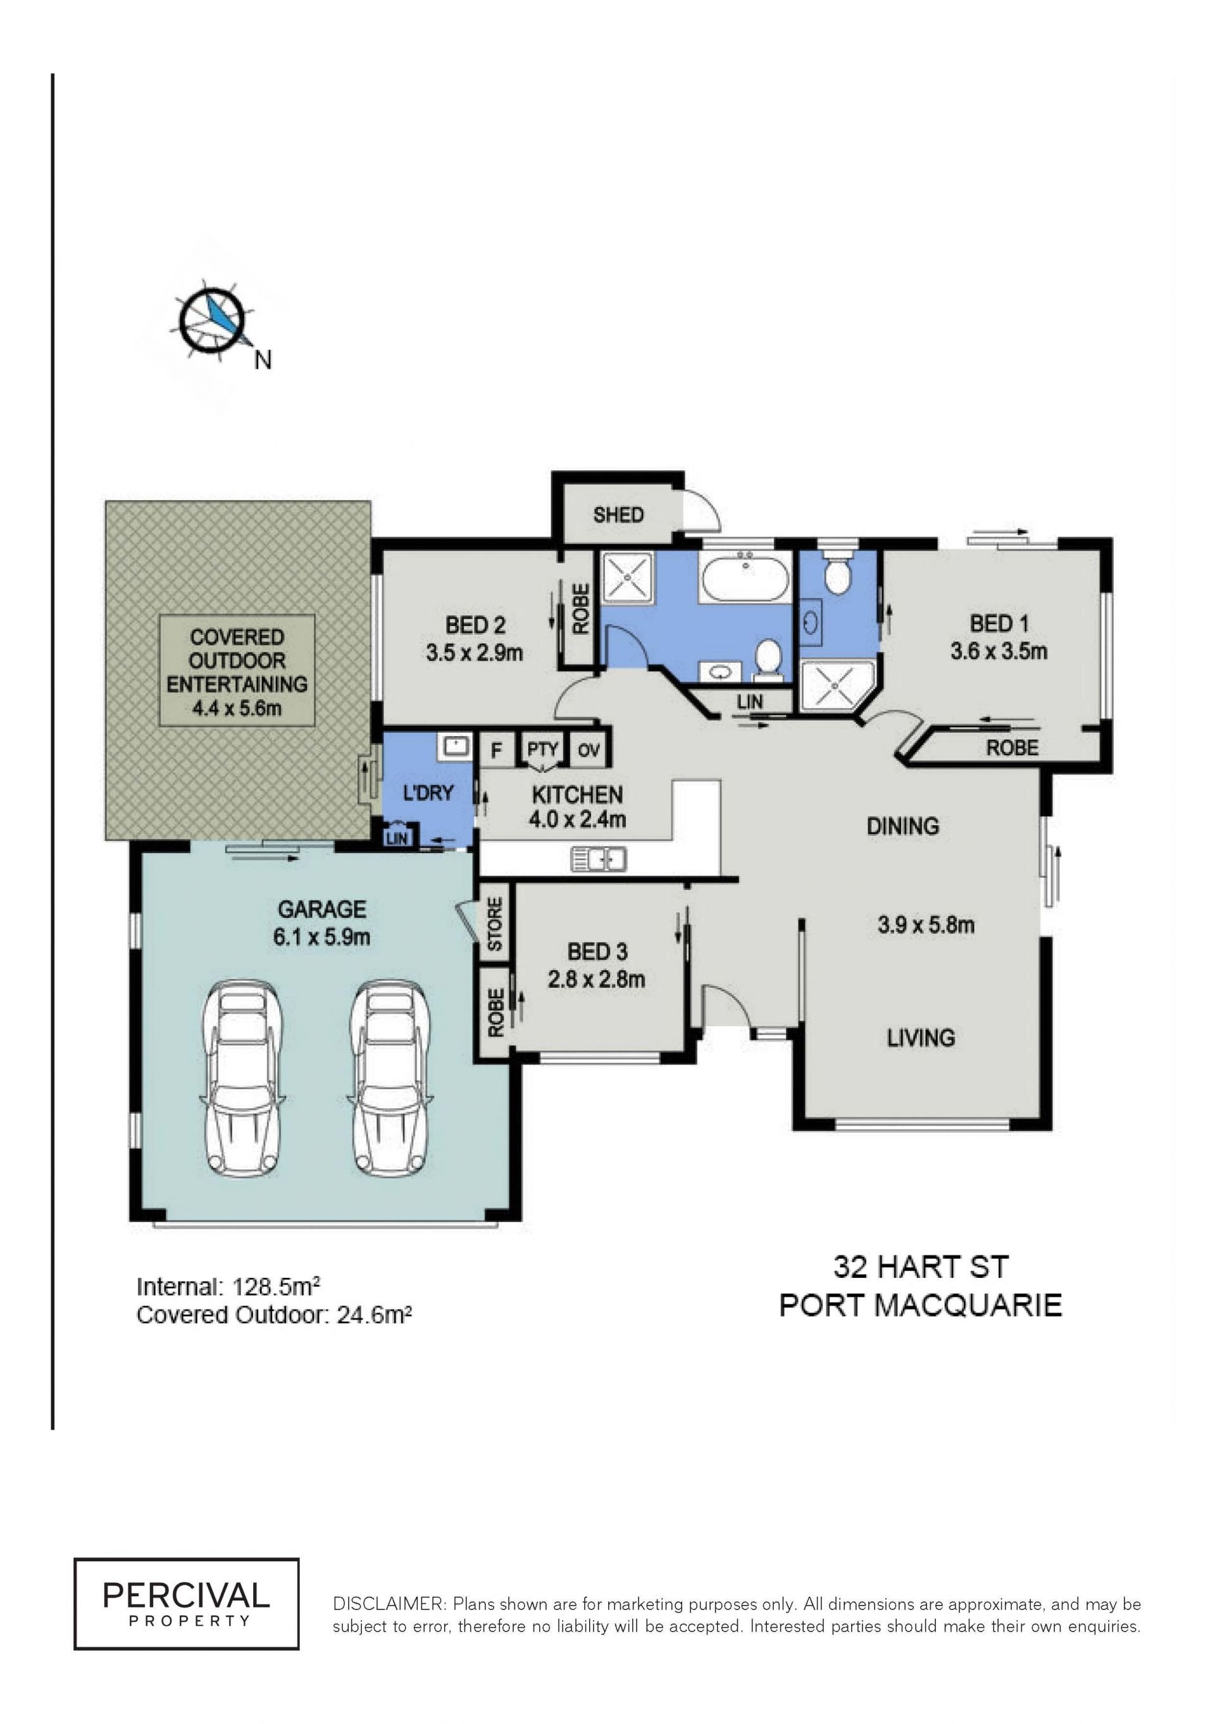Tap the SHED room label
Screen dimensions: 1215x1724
pos(618,515)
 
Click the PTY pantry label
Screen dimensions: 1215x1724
pos(542,749)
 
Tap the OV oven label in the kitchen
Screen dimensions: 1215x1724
pos(589,750)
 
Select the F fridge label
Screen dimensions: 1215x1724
pos(495,750)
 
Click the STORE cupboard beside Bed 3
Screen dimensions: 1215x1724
pos(495,923)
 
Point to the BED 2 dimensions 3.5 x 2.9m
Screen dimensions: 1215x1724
pos(474,653)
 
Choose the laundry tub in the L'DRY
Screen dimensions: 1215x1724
pos(456,746)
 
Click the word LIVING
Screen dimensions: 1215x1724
pos(921,1038)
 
